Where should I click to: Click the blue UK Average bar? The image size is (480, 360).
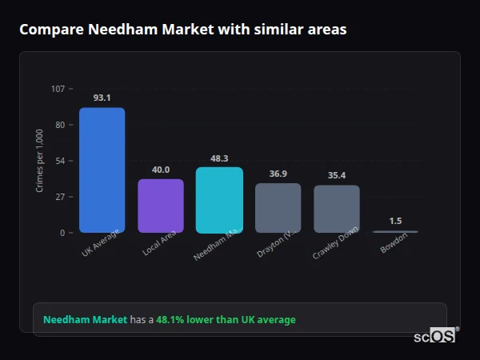click(102, 170)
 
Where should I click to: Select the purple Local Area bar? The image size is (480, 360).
click(161, 206)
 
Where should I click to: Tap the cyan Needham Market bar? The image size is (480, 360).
click(219, 200)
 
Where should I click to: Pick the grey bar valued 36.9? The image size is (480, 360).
click(278, 208)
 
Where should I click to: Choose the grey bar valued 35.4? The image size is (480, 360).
click(336, 209)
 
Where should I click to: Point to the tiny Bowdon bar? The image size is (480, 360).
click(395, 231)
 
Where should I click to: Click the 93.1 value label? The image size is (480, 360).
click(102, 98)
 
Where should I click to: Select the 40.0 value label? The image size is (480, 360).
click(161, 170)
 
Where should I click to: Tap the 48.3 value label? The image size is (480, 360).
click(219, 158)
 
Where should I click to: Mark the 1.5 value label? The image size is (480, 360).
click(395, 221)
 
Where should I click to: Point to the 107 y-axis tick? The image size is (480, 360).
click(58, 89)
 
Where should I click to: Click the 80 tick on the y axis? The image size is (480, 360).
click(60, 125)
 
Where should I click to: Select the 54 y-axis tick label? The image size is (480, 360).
click(60, 161)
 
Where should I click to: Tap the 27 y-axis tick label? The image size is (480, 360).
click(60, 197)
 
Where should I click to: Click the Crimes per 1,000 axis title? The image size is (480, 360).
click(40, 161)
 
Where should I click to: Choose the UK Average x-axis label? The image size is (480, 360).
click(100, 243)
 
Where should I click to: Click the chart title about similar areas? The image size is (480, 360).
click(183, 30)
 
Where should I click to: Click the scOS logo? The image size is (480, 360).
click(435, 337)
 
